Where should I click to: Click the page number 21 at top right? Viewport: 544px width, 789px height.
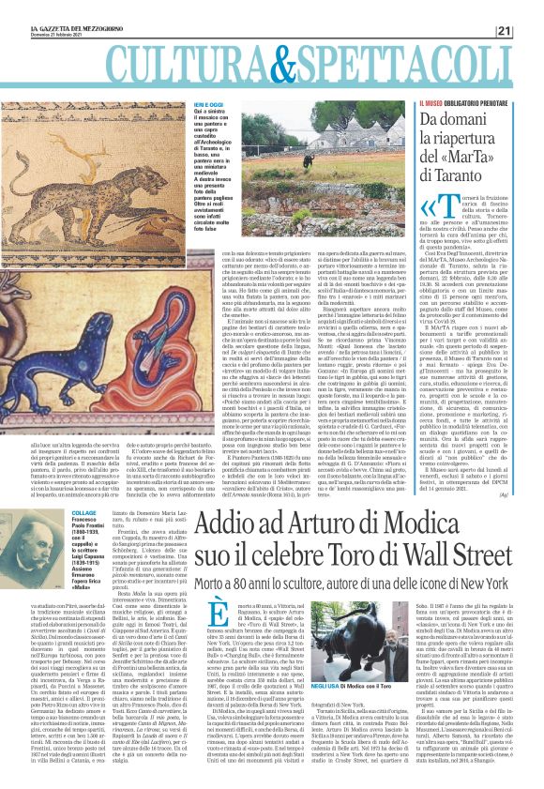click(x=530, y=8)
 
